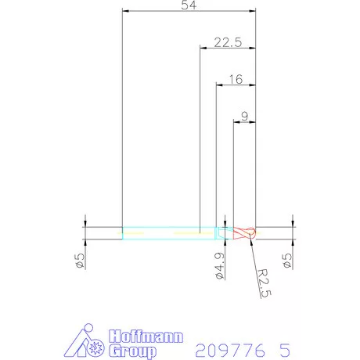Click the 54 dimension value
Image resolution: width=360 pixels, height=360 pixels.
(189, 5)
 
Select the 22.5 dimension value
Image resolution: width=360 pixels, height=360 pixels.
(228, 42)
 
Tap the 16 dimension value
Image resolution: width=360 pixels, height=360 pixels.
(236, 79)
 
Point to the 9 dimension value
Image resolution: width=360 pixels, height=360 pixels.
(244, 117)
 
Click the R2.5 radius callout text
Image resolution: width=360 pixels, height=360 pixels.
(264, 283)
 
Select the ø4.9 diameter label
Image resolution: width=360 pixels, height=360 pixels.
(220, 266)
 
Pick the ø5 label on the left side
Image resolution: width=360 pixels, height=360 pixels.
(80, 261)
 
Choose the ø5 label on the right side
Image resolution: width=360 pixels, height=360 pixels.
(287, 261)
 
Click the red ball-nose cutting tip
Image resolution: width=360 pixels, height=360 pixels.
(244, 233)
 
